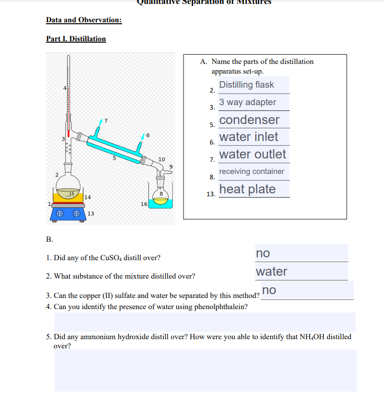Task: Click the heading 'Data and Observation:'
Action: click(84, 20)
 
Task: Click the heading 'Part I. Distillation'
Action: click(76, 39)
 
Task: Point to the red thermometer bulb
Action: click(69, 132)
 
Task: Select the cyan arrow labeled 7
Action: click(101, 121)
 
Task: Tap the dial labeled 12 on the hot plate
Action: click(77, 214)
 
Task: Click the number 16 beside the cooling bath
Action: click(144, 204)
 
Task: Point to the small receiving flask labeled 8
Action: click(160, 196)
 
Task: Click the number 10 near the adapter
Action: click(162, 159)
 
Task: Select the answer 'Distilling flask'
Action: click(246, 85)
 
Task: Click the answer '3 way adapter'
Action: click(247, 102)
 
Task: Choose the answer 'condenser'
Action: click(249, 120)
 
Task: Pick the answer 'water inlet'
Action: click(248, 137)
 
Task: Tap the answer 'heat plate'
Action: click(247, 189)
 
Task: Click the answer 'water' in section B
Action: click(272, 271)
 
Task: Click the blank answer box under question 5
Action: click(205, 370)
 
